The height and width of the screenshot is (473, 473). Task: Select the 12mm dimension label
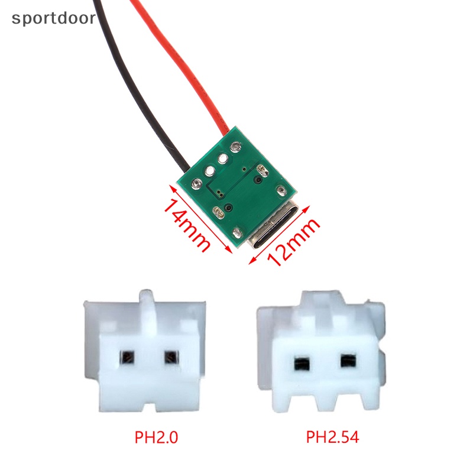coord(293,242)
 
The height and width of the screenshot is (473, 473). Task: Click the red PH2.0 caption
coord(157,438)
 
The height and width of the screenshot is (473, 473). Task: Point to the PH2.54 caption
coord(332,438)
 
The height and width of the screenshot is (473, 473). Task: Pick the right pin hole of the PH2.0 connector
coord(171,357)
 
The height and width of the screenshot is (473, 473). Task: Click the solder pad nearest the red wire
coord(236,147)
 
